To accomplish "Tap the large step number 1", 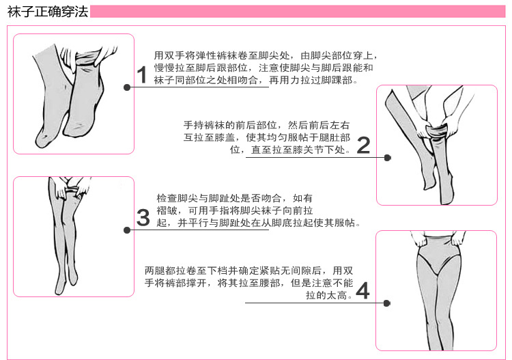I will click(x=142, y=74).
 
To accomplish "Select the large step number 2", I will click(x=363, y=145).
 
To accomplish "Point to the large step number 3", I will click(x=143, y=218).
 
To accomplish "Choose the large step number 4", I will click(x=362, y=291).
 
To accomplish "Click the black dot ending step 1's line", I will click(x=127, y=87).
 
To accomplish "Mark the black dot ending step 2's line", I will click(x=388, y=157).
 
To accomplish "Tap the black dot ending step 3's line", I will click(x=127, y=230).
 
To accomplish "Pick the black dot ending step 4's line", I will click(x=387, y=303).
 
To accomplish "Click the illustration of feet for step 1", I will click(x=73, y=94).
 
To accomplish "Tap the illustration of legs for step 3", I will click(x=73, y=236).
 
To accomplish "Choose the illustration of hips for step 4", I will click(x=436, y=290).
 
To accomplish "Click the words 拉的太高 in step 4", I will click(x=330, y=295).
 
